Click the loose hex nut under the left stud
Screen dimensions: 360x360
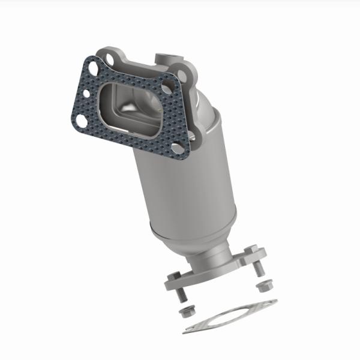click(187, 313)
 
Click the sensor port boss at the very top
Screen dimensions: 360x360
click(164, 59)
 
